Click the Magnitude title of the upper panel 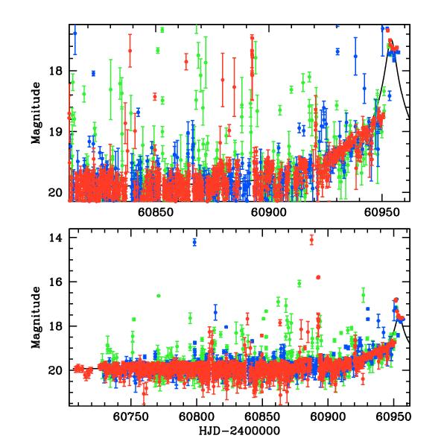[x=35, y=112]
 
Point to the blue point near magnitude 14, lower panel [x=194, y=242]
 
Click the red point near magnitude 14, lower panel [x=312, y=239]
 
